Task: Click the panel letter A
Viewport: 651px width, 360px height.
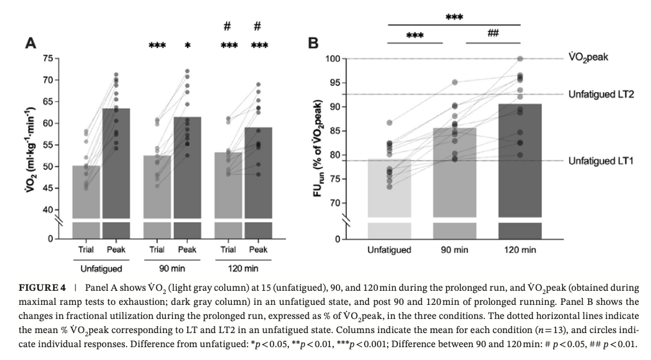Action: (x=29, y=43)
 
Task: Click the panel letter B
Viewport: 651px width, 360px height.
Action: (x=313, y=43)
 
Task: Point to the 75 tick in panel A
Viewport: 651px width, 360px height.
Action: (x=47, y=58)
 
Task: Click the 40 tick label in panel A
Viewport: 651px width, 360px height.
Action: (x=47, y=210)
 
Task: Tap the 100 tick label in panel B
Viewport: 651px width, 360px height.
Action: (x=332, y=59)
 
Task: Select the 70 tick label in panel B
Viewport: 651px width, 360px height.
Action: (x=334, y=203)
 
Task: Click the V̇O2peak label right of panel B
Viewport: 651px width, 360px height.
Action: (x=588, y=57)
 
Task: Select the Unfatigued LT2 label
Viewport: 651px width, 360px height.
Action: (x=600, y=94)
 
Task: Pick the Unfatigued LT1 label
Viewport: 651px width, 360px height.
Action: (x=600, y=161)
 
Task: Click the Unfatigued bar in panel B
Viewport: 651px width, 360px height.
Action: (x=389, y=192)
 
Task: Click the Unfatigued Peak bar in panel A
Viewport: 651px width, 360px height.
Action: (x=116, y=167)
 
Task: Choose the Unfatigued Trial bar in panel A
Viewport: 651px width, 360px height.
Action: (x=86, y=192)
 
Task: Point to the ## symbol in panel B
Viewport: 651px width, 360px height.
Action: (x=493, y=33)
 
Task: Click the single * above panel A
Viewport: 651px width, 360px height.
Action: (x=188, y=46)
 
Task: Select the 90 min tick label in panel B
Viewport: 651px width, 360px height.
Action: (x=454, y=249)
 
